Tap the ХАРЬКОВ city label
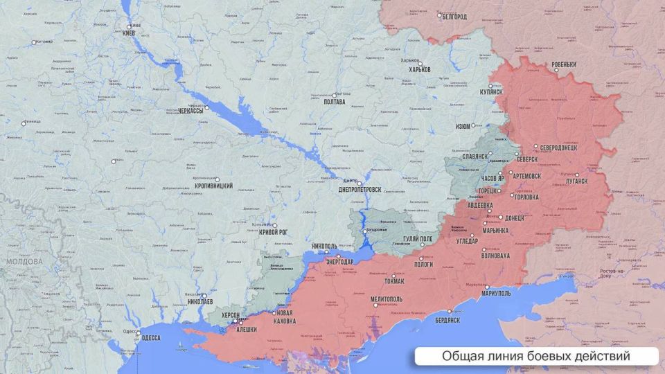[420, 70]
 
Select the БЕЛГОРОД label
[454, 17]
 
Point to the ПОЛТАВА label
[334, 102]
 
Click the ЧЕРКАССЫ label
[190, 111]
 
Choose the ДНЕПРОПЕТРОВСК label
[360, 190]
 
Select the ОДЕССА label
[150, 338]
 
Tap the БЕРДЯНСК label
[447, 320]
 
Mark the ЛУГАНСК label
[576, 180]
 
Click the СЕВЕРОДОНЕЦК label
[563, 148]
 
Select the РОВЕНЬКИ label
[564, 65]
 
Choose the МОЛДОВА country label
[24, 262]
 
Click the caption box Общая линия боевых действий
[535, 357]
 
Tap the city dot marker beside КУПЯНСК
[491, 86]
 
